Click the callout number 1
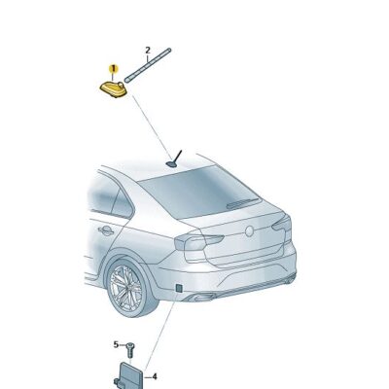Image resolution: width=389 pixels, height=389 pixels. [113, 70]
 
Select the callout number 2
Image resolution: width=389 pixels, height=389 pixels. [148, 50]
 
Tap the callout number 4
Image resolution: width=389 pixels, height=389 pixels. [153, 374]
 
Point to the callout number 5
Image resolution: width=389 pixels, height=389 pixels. [116, 345]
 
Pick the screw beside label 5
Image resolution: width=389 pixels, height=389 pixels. [128, 347]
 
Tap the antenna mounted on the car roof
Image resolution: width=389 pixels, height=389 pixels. [175, 160]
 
